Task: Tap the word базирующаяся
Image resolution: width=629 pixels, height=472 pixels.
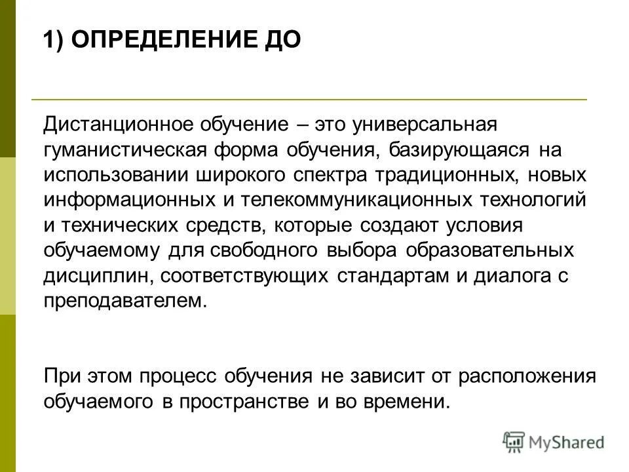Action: coord(460,149)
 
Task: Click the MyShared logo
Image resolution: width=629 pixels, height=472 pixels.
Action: coord(554,442)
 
